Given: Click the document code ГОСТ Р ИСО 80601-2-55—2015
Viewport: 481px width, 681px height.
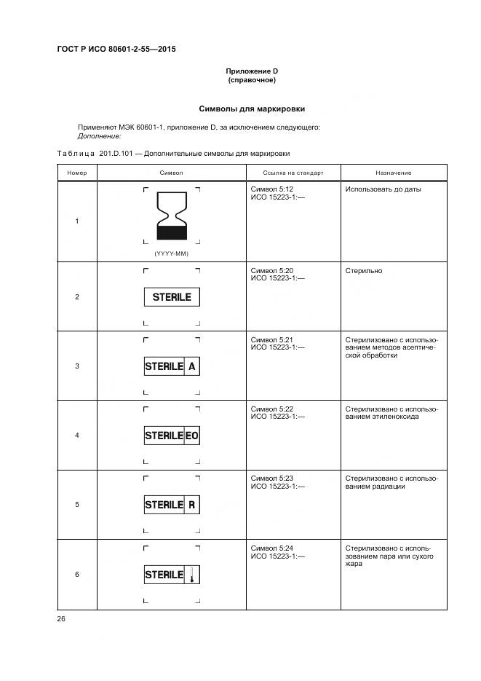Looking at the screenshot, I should [116, 50].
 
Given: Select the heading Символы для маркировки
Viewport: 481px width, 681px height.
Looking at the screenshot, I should [252, 109].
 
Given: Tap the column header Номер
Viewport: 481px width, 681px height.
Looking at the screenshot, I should [77, 173].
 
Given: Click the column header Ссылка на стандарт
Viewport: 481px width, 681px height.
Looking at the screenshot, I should [292, 173].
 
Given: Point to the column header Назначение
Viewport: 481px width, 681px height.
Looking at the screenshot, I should [393, 173].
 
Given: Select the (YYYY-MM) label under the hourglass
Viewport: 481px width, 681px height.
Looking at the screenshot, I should [172, 253].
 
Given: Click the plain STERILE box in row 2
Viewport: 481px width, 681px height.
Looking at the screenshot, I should [172, 297].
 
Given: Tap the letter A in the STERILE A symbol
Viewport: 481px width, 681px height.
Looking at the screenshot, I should [191, 367].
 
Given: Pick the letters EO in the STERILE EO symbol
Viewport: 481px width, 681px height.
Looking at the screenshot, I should [191, 436].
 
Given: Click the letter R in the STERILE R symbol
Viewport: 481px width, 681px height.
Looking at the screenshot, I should [191, 505].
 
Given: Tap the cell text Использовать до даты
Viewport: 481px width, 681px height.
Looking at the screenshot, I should [383, 189].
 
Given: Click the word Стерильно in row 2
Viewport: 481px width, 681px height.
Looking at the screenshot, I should [364, 271].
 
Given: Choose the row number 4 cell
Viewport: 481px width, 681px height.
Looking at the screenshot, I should [77, 436].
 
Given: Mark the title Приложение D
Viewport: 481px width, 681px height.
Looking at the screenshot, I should [252, 71].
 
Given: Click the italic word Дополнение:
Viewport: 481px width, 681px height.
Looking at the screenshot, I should [99, 135].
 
